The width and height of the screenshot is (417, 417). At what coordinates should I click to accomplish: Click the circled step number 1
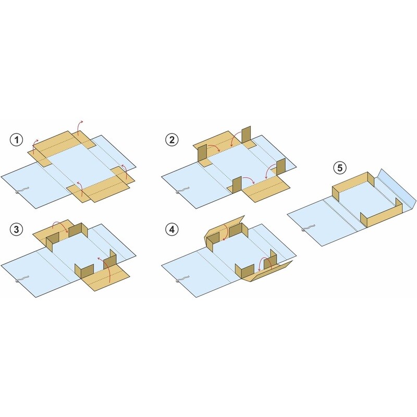[x=17, y=140]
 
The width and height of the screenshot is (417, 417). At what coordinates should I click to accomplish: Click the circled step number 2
[x=172, y=140]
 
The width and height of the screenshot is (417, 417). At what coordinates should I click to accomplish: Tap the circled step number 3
[x=17, y=229]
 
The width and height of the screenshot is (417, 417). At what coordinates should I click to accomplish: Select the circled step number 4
[x=172, y=229]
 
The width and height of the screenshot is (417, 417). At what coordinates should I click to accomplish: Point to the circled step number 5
[x=340, y=168]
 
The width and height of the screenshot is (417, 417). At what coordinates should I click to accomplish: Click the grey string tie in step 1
[x=21, y=190]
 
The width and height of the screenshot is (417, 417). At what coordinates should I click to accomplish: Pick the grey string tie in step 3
[x=21, y=279]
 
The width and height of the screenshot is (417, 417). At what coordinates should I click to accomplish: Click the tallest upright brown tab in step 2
[x=246, y=135]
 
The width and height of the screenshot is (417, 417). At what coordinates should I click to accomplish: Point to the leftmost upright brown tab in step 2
[x=203, y=153]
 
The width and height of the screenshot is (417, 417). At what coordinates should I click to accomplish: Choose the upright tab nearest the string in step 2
[x=237, y=185]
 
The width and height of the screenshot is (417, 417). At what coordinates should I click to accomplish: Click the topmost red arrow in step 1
[x=79, y=127]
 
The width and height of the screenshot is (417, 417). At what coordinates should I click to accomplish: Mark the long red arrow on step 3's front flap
[x=106, y=267]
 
